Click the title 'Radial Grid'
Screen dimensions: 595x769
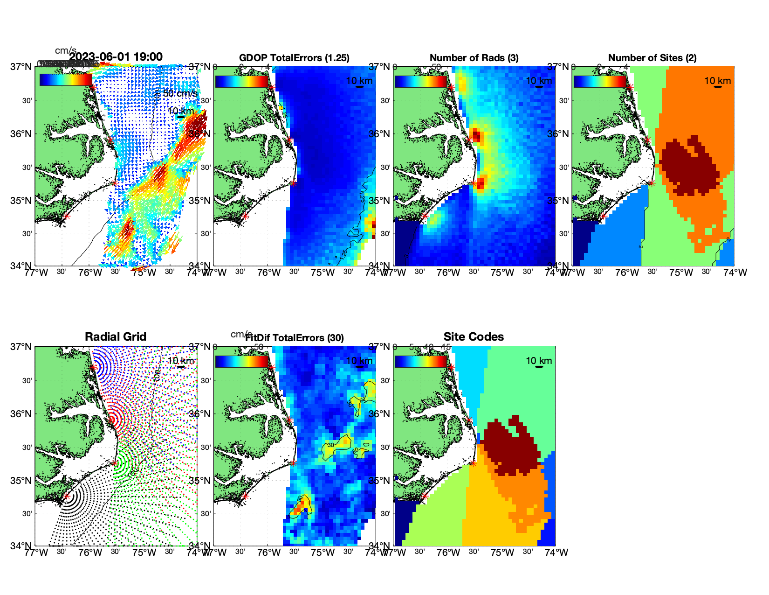coord(116,337)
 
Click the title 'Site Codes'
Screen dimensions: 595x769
coord(474,337)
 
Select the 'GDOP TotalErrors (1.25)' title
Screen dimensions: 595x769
coord(294,58)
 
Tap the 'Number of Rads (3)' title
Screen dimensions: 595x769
coord(474,58)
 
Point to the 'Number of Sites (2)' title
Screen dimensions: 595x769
coord(652,58)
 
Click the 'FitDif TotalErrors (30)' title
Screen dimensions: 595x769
coord(295,338)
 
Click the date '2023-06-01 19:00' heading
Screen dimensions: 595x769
coord(116,57)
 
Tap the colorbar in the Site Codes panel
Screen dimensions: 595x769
coord(420,361)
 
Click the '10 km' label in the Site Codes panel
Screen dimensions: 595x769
coord(539,361)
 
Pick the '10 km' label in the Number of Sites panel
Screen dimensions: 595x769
coord(717,81)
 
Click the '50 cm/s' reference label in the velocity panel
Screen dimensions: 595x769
coord(180,93)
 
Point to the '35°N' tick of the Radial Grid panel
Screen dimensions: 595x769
coord(24,481)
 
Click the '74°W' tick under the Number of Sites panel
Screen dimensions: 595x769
coord(735,273)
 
